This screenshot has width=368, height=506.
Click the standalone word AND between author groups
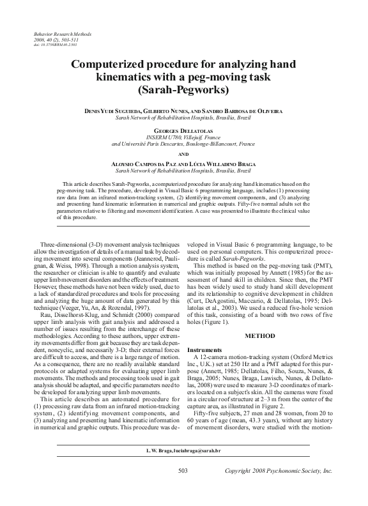(x=184, y=154)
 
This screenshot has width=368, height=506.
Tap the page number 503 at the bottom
(x=184, y=487)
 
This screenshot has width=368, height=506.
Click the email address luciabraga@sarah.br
(x=199, y=470)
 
